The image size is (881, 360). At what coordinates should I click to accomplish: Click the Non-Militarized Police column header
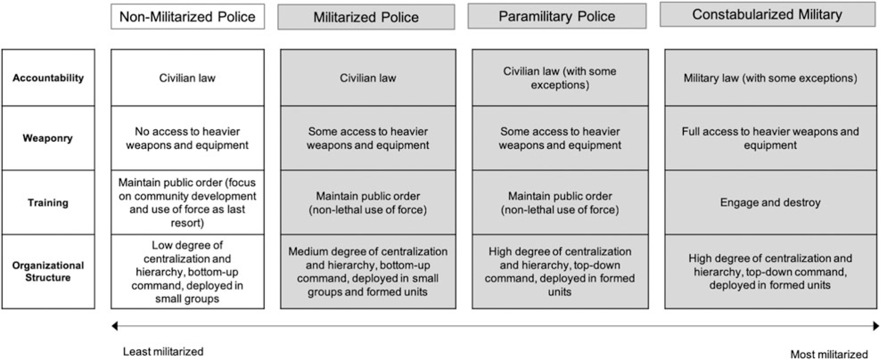187,17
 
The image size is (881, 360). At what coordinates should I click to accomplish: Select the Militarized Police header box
366,17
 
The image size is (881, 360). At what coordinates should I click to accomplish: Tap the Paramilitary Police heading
557,16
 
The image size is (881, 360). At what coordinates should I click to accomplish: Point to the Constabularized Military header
767,15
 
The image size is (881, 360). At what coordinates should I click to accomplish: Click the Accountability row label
48,78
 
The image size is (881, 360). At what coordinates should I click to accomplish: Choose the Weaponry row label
48,138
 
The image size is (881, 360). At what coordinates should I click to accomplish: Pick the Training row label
48,203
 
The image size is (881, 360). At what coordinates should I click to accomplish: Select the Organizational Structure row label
48,271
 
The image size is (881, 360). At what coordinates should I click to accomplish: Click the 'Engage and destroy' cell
770,203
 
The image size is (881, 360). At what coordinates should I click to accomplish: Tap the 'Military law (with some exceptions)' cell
770,78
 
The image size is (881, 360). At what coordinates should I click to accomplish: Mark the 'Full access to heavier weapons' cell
770,138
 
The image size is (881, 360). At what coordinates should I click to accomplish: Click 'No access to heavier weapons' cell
187,138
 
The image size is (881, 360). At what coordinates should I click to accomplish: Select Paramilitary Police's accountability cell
560,78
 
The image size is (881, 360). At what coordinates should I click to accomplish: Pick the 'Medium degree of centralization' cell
368,271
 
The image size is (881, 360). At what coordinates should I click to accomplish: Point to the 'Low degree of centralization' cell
187,271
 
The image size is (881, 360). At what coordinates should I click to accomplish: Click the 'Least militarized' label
163,352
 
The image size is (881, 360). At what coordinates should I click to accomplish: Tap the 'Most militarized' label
829,354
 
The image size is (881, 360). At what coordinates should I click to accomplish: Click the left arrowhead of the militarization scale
115,326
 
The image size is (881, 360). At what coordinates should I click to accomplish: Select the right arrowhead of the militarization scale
876,326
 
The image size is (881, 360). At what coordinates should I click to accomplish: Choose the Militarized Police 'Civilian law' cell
368,78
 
